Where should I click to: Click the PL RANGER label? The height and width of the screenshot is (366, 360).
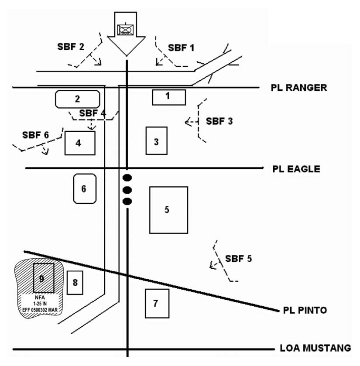click(x=299, y=88)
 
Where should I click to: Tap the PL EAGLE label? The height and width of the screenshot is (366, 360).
click(x=296, y=168)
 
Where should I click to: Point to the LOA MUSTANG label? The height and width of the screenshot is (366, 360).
click(x=315, y=348)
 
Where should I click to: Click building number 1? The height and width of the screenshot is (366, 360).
click(x=169, y=97)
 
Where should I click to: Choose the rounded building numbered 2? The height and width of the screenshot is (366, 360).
click(x=78, y=99)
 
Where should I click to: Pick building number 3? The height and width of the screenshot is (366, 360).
click(x=156, y=141)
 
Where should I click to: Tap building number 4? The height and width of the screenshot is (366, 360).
click(x=80, y=143)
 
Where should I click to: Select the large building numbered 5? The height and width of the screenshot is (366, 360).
click(x=168, y=210)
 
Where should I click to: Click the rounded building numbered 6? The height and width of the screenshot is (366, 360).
click(x=84, y=188)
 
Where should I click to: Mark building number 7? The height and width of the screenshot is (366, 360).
click(x=157, y=303)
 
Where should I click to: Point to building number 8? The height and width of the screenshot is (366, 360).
click(x=75, y=283)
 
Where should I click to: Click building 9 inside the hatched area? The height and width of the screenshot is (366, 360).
click(x=44, y=278)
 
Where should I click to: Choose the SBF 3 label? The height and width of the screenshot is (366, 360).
click(x=219, y=121)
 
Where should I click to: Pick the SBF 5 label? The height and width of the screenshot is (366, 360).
click(x=239, y=258)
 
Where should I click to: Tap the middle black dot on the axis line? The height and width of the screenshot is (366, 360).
click(x=127, y=190)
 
